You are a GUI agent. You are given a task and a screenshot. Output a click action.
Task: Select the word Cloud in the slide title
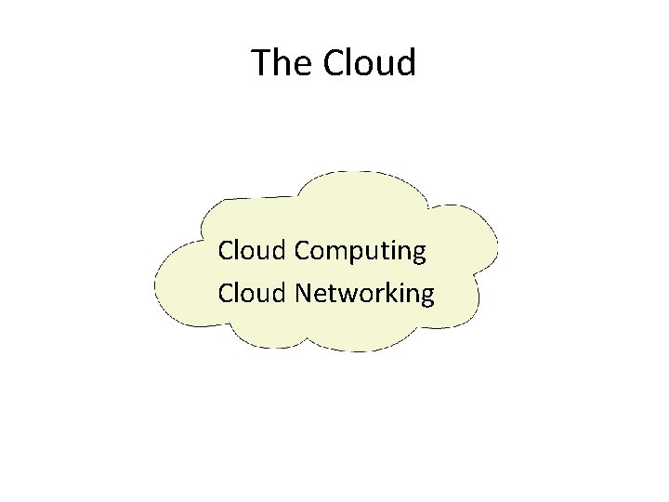(371, 63)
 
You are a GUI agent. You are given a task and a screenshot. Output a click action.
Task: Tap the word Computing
(361, 252)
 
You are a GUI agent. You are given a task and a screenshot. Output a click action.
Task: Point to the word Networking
(364, 294)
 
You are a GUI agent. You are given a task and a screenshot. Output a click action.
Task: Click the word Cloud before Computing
(252, 250)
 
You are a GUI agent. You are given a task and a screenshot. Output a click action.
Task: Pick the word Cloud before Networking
(252, 294)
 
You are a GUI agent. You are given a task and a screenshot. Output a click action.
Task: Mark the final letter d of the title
(405, 63)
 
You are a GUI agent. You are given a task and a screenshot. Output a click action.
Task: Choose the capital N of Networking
(304, 294)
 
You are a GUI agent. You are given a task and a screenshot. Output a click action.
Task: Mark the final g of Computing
(418, 255)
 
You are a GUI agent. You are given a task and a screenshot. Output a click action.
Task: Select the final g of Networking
(426, 297)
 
